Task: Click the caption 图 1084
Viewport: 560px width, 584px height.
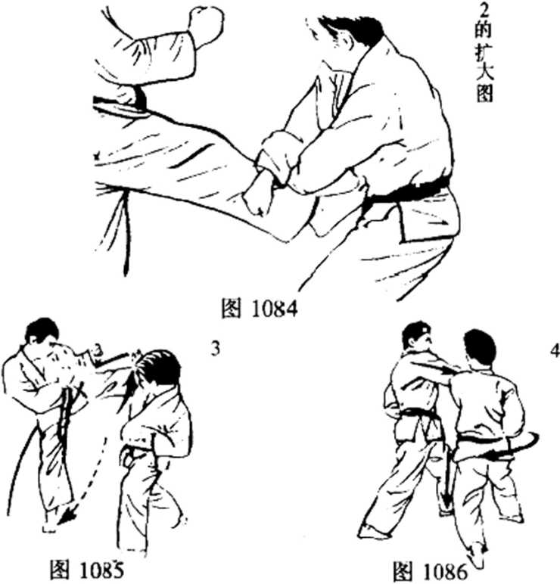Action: pos(260,309)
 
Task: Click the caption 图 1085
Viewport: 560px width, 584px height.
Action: pos(87,570)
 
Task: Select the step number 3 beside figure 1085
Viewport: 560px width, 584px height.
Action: pos(215,349)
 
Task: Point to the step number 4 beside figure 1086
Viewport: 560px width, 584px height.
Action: pos(555,351)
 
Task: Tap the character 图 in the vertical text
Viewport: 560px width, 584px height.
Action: pos(484,92)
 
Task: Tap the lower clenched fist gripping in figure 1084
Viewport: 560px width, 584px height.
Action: pos(258,194)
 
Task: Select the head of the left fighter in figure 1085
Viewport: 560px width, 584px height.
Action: pos(42,331)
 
